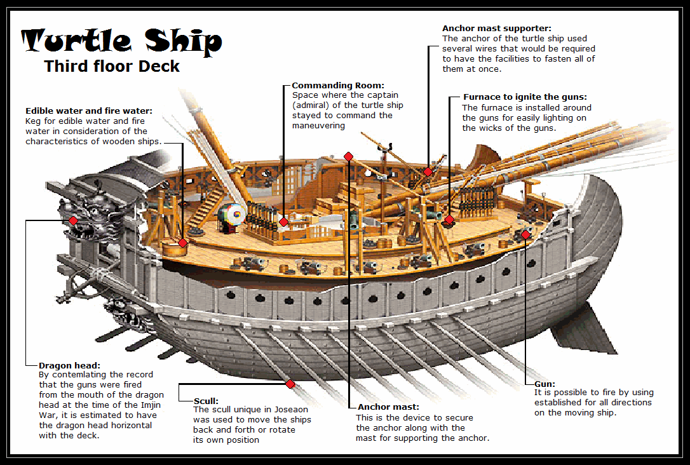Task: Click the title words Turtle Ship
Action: point(122,41)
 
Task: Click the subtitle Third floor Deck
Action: point(112,66)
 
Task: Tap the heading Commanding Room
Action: point(338,85)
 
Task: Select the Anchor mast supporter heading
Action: point(496,29)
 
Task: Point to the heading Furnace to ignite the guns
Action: point(524,97)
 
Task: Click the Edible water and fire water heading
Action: point(89,111)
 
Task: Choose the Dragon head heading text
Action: point(69,365)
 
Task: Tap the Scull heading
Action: point(206,401)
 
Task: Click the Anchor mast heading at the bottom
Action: point(388,407)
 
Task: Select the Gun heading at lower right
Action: point(545,384)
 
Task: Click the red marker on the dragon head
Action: point(73,220)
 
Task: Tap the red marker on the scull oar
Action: point(290,384)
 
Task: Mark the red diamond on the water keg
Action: point(182,243)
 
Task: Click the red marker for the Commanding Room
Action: point(283,222)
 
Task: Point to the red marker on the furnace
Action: point(449,220)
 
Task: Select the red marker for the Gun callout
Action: point(525,235)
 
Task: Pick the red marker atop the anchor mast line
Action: point(348,156)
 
